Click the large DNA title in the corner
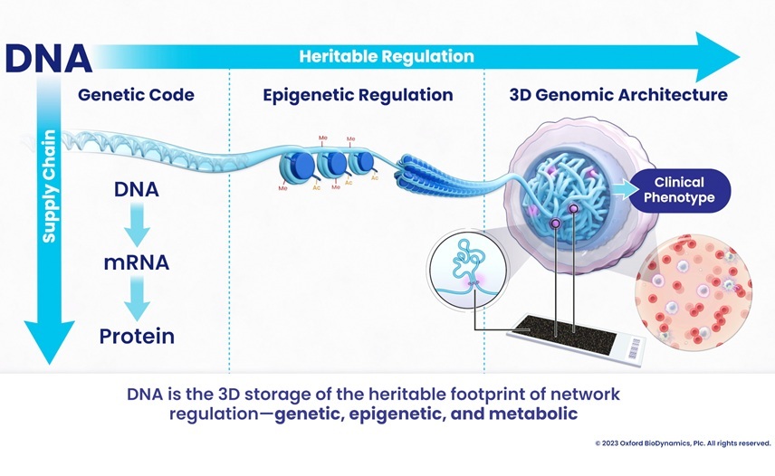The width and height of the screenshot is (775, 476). coord(48,57)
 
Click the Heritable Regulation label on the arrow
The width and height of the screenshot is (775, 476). coord(387,56)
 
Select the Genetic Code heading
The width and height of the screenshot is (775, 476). coord(136,94)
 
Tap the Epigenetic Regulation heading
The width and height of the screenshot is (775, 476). coord(358,94)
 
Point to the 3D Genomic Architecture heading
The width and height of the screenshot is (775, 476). coord(618,94)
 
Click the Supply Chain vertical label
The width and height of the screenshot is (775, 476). coord(49,186)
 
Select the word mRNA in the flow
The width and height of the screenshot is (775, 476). coord(137,264)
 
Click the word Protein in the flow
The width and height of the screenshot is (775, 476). coord(137,337)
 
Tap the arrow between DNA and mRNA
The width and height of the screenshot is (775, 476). coord(137,226)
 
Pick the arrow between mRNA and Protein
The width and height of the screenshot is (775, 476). coord(137,300)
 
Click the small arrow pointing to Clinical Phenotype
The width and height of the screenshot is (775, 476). coord(623,190)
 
